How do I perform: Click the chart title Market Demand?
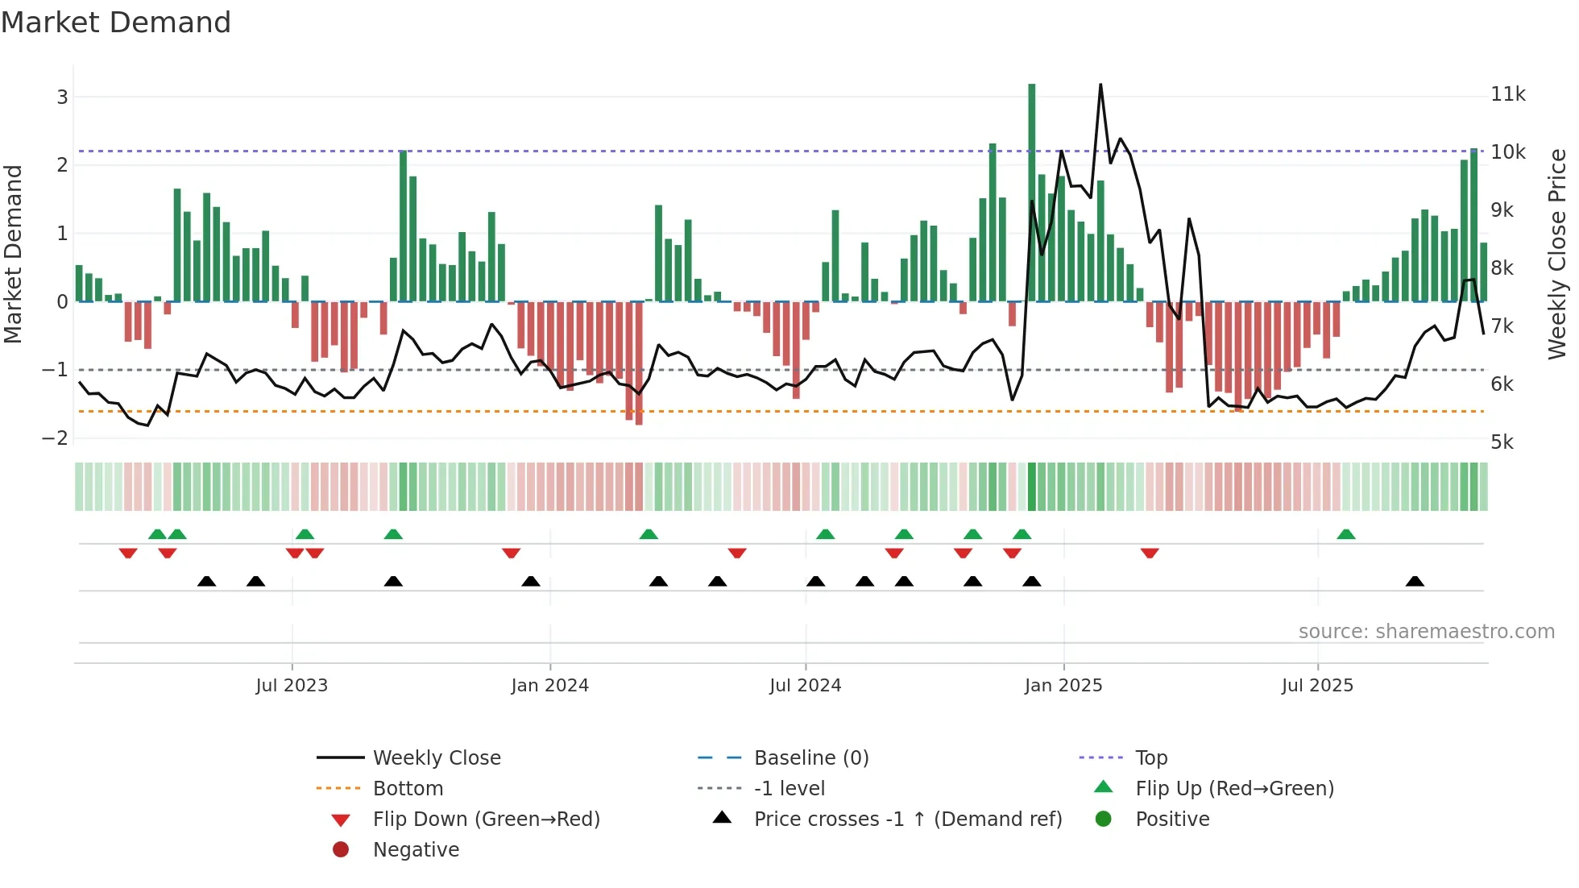click(x=116, y=23)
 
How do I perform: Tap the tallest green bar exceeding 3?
click(x=1031, y=193)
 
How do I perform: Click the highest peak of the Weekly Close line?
click(x=1100, y=85)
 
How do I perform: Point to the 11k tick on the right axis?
click(x=1507, y=94)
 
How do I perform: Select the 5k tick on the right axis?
click(x=1502, y=442)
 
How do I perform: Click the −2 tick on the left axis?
click(x=55, y=438)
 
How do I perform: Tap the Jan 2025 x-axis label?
click(x=1063, y=686)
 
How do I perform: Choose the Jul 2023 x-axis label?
click(x=292, y=686)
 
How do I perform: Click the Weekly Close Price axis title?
click(x=1556, y=254)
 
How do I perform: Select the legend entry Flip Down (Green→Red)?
click(x=486, y=820)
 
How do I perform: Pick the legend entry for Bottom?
click(x=408, y=789)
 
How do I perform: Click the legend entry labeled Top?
click(x=1151, y=758)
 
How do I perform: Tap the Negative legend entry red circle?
click(x=341, y=850)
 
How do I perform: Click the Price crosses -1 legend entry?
click(x=907, y=820)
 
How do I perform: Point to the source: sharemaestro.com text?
click(x=1426, y=632)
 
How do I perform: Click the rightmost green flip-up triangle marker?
click(x=1345, y=534)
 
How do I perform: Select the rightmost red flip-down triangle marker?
click(x=1150, y=553)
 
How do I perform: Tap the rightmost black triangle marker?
click(x=1415, y=581)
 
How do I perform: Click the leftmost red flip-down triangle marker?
click(x=128, y=553)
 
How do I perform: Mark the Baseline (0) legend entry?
click(x=810, y=758)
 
